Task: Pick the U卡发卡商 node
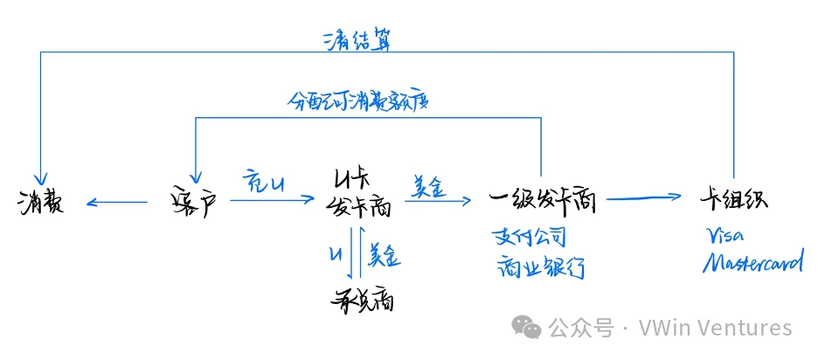click(358, 194)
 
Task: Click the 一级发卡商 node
click(542, 202)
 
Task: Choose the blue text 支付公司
click(529, 236)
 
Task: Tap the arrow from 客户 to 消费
click(117, 204)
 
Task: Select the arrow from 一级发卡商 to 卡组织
click(645, 199)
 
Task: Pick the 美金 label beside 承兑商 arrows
click(384, 254)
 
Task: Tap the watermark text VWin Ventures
click(715, 328)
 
